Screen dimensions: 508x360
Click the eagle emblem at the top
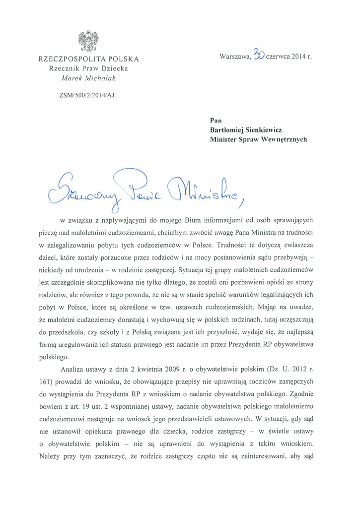click(x=88, y=41)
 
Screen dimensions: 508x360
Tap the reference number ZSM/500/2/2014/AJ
click(x=87, y=96)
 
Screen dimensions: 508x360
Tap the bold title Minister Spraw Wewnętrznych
click(x=259, y=140)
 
